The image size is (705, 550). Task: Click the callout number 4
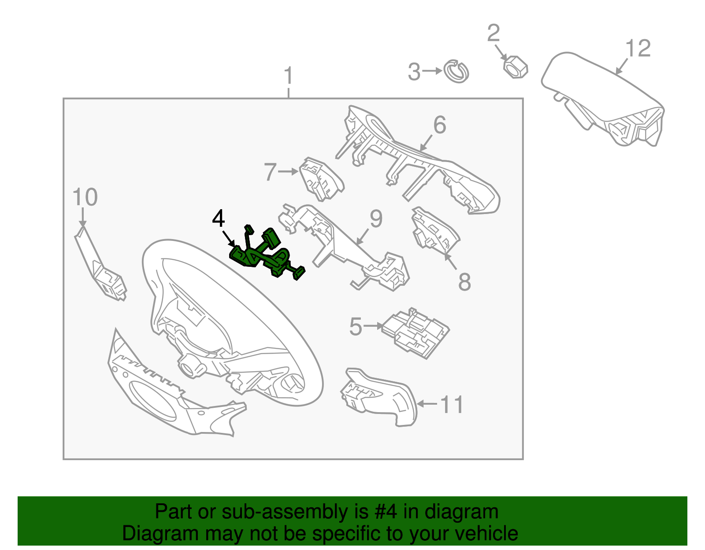(219, 219)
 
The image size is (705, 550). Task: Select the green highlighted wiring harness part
(264, 255)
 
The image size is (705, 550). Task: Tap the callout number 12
(638, 48)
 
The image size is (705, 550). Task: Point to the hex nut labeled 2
(515, 67)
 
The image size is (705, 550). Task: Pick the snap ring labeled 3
(456, 71)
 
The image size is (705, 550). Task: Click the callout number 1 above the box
(288, 76)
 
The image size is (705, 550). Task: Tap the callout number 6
(439, 125)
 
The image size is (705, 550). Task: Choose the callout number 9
(376, 219)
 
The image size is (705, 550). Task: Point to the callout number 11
(452, 404)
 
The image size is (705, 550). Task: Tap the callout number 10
(85, 197)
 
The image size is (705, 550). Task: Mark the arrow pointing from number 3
(432, 71)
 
